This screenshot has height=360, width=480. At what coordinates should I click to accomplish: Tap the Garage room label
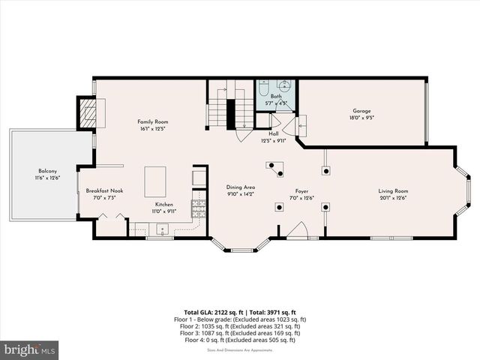tap(362, 111)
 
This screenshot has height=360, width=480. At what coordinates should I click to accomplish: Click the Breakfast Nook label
tap(104, 191)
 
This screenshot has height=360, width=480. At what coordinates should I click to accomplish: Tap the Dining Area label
tap(241, 187)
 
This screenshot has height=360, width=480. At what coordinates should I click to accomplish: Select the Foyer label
tap(301, 191)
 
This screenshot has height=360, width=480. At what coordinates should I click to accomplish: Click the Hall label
tap(274, 134)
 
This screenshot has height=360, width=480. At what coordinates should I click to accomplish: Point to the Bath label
tap(277, 97)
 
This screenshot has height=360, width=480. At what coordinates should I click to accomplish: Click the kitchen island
tap(155, 181)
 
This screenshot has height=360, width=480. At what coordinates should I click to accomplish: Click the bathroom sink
tap(285, 85)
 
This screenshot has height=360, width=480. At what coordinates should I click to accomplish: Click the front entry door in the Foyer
tap(298, 232)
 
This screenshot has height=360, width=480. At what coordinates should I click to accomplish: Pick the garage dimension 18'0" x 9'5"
tap(362, 118)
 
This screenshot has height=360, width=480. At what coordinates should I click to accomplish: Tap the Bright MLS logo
tap(30, 349)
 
